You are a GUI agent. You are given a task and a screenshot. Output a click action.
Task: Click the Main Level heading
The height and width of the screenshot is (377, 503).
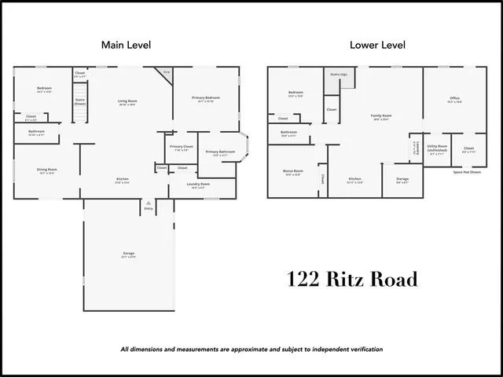[x=126, y=45]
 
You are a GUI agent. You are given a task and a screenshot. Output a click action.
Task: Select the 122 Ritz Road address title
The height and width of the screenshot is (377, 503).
[x=351, y=279]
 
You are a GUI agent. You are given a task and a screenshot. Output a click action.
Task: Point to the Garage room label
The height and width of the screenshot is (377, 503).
[x=128, y=253]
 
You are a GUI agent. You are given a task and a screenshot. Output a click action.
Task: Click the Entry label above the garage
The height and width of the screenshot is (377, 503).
[x=148, y=208]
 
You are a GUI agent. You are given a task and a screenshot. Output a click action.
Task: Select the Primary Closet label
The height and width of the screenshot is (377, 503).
[x=182, y=147]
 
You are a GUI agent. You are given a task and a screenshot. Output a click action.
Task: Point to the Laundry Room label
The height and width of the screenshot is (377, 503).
[x=198, y=184]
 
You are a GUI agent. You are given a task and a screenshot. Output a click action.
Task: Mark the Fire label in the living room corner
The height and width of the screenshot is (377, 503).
[x=166, y=72]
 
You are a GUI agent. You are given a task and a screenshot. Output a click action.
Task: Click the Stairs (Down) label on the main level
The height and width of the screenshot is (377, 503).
[x=79, y=101]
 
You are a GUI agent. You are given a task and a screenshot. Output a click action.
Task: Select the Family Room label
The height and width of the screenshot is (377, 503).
[x=382, y=115]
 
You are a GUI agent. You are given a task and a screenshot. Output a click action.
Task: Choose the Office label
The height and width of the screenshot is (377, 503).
[x=455, y=98]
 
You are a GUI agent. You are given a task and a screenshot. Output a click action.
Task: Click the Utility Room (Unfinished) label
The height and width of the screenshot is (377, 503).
[x=438, y=147]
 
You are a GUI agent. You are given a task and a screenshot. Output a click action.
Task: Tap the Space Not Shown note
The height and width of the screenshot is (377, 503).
[x=467, y=171]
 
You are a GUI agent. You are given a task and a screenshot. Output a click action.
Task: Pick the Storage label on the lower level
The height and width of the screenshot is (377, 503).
[x=402, y=179]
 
